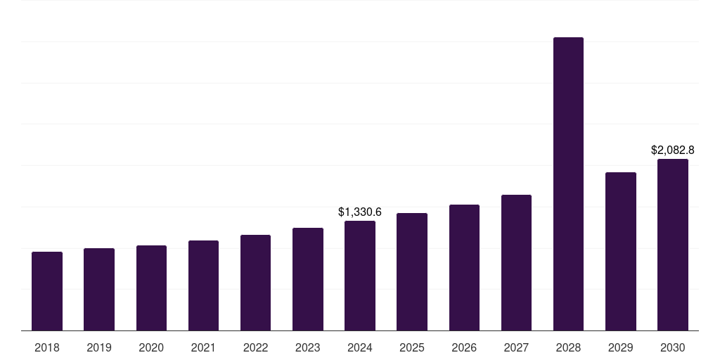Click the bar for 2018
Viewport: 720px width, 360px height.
click(47, 291)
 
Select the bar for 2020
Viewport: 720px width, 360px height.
click(151, 288)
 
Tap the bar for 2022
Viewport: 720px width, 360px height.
click(255, 283)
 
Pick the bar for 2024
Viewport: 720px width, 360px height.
click(360, 276)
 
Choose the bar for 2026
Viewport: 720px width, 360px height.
click(464, 268)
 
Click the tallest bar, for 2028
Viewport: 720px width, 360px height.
click(568, 184)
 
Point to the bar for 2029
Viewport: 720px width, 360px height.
click(620, 252)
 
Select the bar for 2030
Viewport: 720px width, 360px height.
click(672, 245)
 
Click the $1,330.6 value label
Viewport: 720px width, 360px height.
click(360, 212)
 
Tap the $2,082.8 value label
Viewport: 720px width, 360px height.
click(672, 150)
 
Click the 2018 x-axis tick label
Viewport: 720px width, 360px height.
click(47, 347)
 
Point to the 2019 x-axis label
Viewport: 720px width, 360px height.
click(99, 347)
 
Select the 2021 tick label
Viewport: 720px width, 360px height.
click(203, 347)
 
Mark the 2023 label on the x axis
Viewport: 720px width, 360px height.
click(307, 347)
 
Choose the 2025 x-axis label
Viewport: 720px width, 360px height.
click(412, 347)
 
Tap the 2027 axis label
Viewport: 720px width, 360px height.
click(516, 347)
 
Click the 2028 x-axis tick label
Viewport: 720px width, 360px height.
click(568, 347)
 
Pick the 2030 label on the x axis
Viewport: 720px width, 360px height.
click(672, 347)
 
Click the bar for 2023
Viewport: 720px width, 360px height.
click(307, 279)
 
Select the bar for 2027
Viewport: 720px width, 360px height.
click(516, 263)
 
